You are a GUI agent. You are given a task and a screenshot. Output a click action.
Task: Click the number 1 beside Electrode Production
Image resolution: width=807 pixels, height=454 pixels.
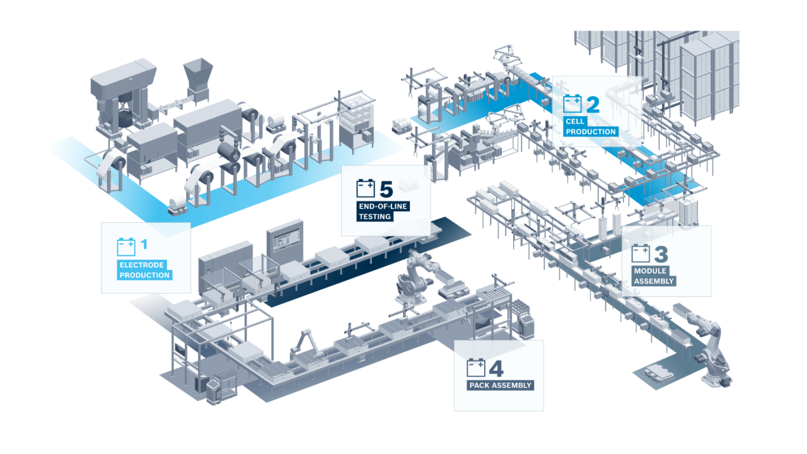[x=144, y=243]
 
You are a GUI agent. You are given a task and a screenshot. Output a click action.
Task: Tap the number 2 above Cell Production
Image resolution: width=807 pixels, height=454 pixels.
[x=592, y=104]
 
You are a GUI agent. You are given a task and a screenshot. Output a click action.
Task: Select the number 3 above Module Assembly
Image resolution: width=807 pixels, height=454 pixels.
[x=660, y=254]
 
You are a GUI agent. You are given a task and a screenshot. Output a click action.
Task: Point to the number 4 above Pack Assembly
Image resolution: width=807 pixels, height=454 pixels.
[x=496, y=368]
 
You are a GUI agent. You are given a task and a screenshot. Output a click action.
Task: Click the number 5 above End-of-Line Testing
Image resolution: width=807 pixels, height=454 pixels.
[x=386, y=189]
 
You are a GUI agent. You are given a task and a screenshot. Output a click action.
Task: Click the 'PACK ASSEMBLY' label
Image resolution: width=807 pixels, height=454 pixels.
[x=501, y=385]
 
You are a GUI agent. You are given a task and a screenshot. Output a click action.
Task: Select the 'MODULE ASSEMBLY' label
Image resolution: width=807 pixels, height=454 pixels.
[x=654, y=276]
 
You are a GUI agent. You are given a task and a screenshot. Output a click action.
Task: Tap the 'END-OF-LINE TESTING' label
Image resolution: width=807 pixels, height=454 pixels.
[x=375, y=211]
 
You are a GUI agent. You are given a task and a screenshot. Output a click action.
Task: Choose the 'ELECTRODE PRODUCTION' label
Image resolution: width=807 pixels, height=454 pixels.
[x=144, y=270]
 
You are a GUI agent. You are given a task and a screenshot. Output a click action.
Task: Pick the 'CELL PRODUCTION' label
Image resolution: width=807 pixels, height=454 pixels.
[x=591, y=127]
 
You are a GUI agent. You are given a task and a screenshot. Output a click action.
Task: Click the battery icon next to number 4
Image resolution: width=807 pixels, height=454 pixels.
[x=476, y=368]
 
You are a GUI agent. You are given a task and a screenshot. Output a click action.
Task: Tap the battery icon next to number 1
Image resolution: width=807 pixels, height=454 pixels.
[x=126, y=246]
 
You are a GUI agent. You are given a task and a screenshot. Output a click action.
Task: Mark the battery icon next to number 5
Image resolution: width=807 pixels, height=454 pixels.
[x=365, y=188]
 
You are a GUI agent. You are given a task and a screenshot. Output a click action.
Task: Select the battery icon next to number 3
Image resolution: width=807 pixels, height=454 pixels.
[x=641, y=253]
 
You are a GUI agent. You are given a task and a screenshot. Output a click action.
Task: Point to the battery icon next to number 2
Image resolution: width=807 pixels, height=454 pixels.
[x=572, y=103]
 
